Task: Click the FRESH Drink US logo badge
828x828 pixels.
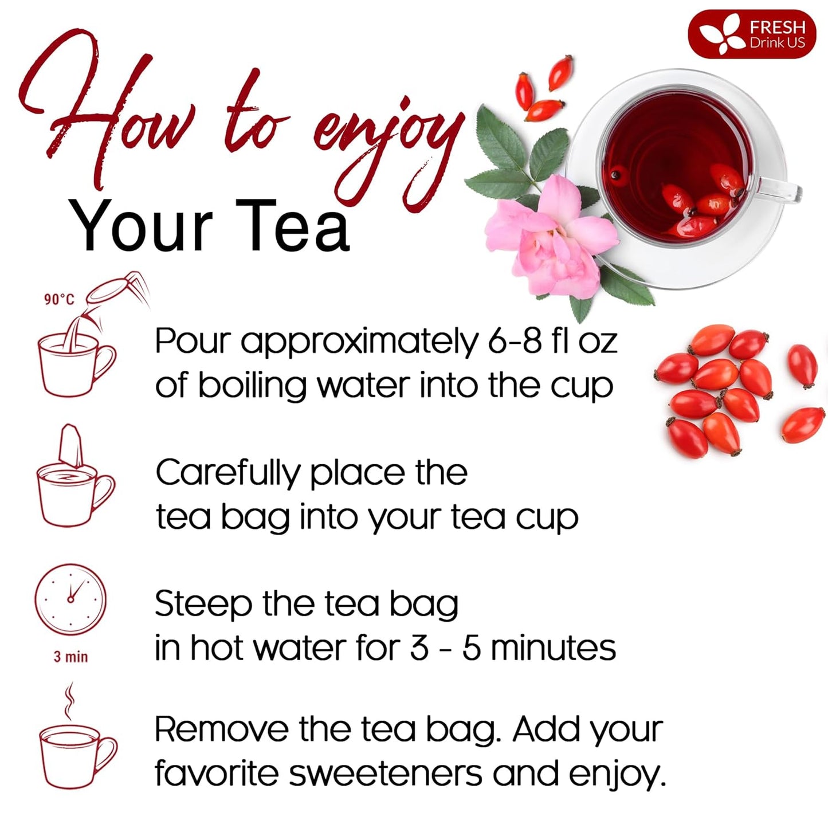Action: click(x=751, y=34)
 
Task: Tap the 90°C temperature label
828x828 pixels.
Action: click(x=59, y=299)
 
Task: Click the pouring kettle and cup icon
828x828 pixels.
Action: click(x=80, y=344)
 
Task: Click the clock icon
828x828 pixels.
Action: click(x=71, y=599)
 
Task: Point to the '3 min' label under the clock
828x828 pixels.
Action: click(x=71, y=657)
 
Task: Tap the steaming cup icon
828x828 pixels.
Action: click(x=76, y=745)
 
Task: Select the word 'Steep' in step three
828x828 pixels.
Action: click(x=202, y=604)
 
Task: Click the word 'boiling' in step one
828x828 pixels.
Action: click(x=253, y=386)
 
